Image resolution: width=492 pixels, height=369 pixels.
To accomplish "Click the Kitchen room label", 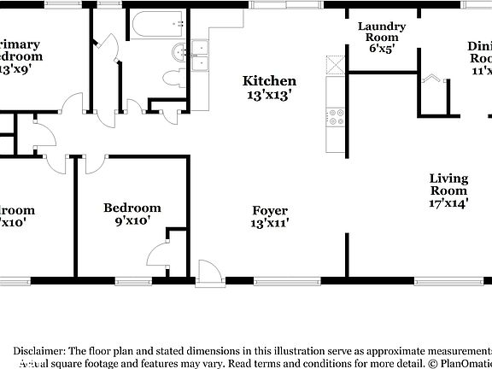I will tap(270, 81).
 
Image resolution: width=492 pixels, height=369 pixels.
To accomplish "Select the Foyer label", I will tap(270, 210).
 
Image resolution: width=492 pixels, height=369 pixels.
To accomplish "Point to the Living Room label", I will tap(448, 184).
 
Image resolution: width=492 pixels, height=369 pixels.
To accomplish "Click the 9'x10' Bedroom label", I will tap(132, 208).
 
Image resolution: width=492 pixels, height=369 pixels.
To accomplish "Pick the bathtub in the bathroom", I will tap(159, 23).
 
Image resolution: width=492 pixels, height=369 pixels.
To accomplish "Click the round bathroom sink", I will tap(179, 52).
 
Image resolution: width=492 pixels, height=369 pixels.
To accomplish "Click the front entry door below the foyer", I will tap(207, 272).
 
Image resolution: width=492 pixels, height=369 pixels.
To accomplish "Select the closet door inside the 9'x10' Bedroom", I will tap(161, 256).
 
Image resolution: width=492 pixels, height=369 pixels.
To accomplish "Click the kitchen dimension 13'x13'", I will tap(270, 96).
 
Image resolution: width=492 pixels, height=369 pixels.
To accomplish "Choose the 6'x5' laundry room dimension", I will tap(381, 49).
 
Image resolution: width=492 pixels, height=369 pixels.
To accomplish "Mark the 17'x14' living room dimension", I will tap(448, 203).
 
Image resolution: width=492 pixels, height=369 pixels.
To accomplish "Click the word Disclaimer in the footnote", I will tap(38, 350).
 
